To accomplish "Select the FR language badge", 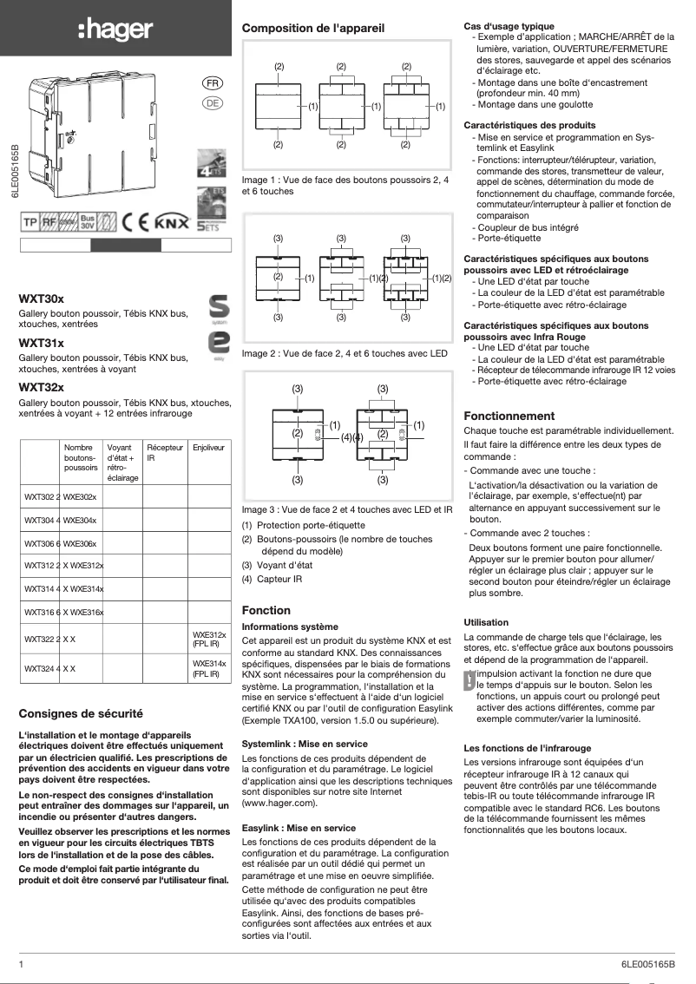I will [212, 84].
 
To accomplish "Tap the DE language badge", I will [212, 103].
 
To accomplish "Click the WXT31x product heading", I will [42, 343].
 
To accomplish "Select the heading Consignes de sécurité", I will [81, 714].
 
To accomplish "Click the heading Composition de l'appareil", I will [313, 29].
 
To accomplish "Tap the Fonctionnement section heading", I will [509, 416].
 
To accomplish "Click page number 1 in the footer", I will [22, 964].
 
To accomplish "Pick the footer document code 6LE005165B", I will [647, 964].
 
